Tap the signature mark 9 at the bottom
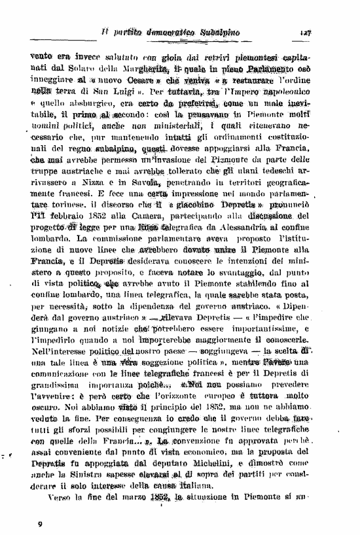click(x=41, y=523)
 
